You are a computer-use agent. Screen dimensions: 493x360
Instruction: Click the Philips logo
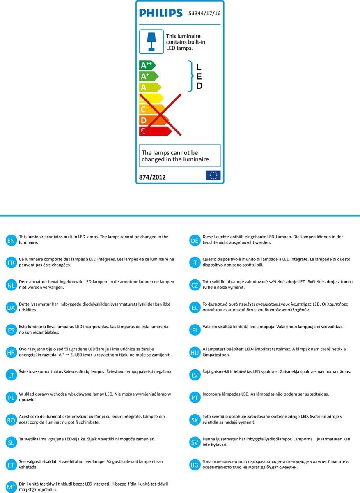(x=161, y=13)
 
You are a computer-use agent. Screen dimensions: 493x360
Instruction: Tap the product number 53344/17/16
(x=204, y=13)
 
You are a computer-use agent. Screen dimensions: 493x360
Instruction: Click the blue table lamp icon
(x=151, y=41)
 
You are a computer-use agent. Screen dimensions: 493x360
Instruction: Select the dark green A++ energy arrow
(x=147, y=66)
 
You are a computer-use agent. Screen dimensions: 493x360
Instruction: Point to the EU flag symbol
(x=213, y=175)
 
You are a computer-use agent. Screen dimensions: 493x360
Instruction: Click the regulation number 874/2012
(x=153, y=177)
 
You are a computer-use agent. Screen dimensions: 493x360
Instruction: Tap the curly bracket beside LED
(x=190, y=76)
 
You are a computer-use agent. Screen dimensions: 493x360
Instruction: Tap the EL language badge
(x=195, y=308)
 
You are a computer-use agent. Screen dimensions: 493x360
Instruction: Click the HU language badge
(x=195, y=352)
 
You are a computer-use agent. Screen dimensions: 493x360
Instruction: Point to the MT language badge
(x=11, y=487)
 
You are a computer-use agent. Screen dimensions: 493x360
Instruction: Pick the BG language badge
(x=195, y=465)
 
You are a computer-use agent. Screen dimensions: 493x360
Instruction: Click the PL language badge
(x=11, y=397)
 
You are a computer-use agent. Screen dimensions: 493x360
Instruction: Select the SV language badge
(x=195, y=442)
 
